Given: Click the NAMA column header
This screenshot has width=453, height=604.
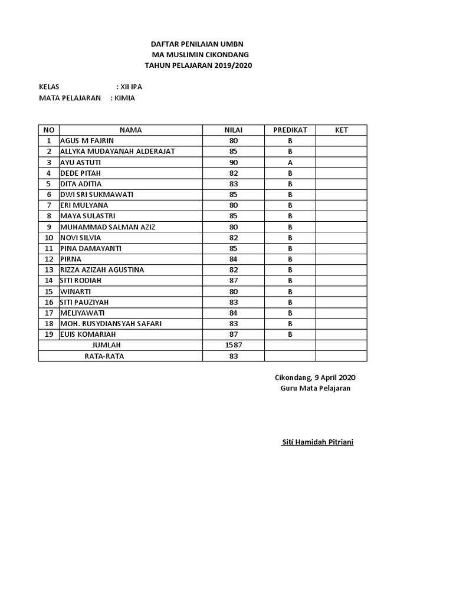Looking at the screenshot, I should (130, 130).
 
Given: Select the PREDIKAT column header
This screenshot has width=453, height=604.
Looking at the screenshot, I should (290, 130).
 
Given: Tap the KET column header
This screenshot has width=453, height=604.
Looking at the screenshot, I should (341, 130).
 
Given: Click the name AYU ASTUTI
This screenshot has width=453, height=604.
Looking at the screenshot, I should (81, 162).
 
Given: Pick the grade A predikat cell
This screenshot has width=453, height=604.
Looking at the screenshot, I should (290, 162).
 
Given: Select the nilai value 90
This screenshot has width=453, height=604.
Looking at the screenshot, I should (234, 162).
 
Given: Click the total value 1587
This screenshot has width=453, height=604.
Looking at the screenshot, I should (234, 345).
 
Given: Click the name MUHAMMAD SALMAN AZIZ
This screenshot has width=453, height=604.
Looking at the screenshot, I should (108, 226).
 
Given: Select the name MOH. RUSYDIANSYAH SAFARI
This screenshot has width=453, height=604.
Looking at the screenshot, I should (111, 323).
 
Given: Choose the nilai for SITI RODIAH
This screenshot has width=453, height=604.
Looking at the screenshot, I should (234, 280).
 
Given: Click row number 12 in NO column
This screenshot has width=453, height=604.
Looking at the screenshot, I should (49, 259).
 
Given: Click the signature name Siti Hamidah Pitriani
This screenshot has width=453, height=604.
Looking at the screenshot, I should (317, 442).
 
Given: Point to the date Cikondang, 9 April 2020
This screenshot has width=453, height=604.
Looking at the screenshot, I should (315, 377).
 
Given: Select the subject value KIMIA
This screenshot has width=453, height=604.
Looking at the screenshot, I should (125, 98).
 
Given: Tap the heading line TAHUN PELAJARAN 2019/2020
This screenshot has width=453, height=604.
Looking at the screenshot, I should (198, 65).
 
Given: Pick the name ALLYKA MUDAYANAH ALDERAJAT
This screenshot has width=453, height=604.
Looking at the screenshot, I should (117, 152).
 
